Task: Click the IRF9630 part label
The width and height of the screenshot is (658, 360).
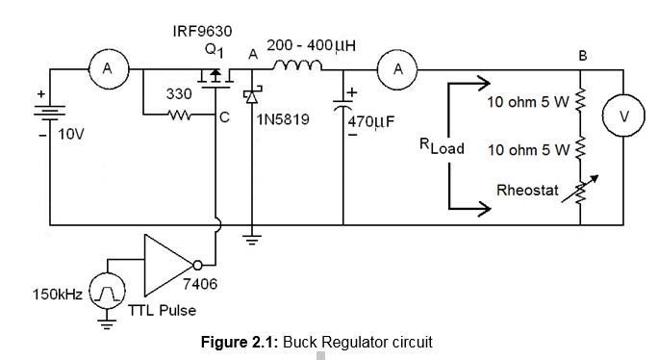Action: pyautogui.click(x=202, y=32)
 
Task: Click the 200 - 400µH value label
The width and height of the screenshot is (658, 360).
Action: pyautogui.click(x=312, y=45)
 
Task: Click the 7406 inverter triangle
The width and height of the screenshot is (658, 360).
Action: pyautogui.click(x=168, y=264)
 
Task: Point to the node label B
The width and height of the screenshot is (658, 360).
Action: pyautogui.click(x=581, y=56)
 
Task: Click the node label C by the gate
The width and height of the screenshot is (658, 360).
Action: pyautogui.click(x=223, y=119)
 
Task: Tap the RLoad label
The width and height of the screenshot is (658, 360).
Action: pyautogui.click(x=442, y=147)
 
